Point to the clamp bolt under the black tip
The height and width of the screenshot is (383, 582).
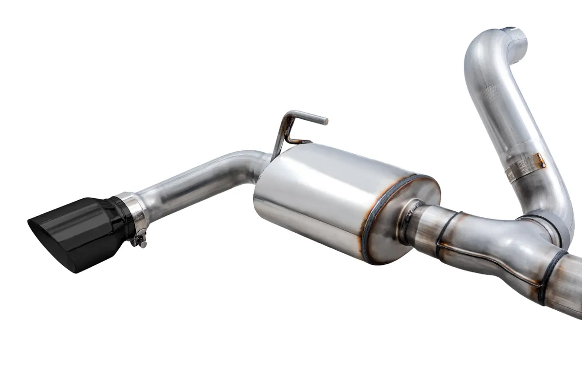(x=141, y=239)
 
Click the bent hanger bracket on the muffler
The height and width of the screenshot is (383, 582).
(x=284, y=131)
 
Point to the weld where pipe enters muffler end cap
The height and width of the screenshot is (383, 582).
(x=405, y=221)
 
